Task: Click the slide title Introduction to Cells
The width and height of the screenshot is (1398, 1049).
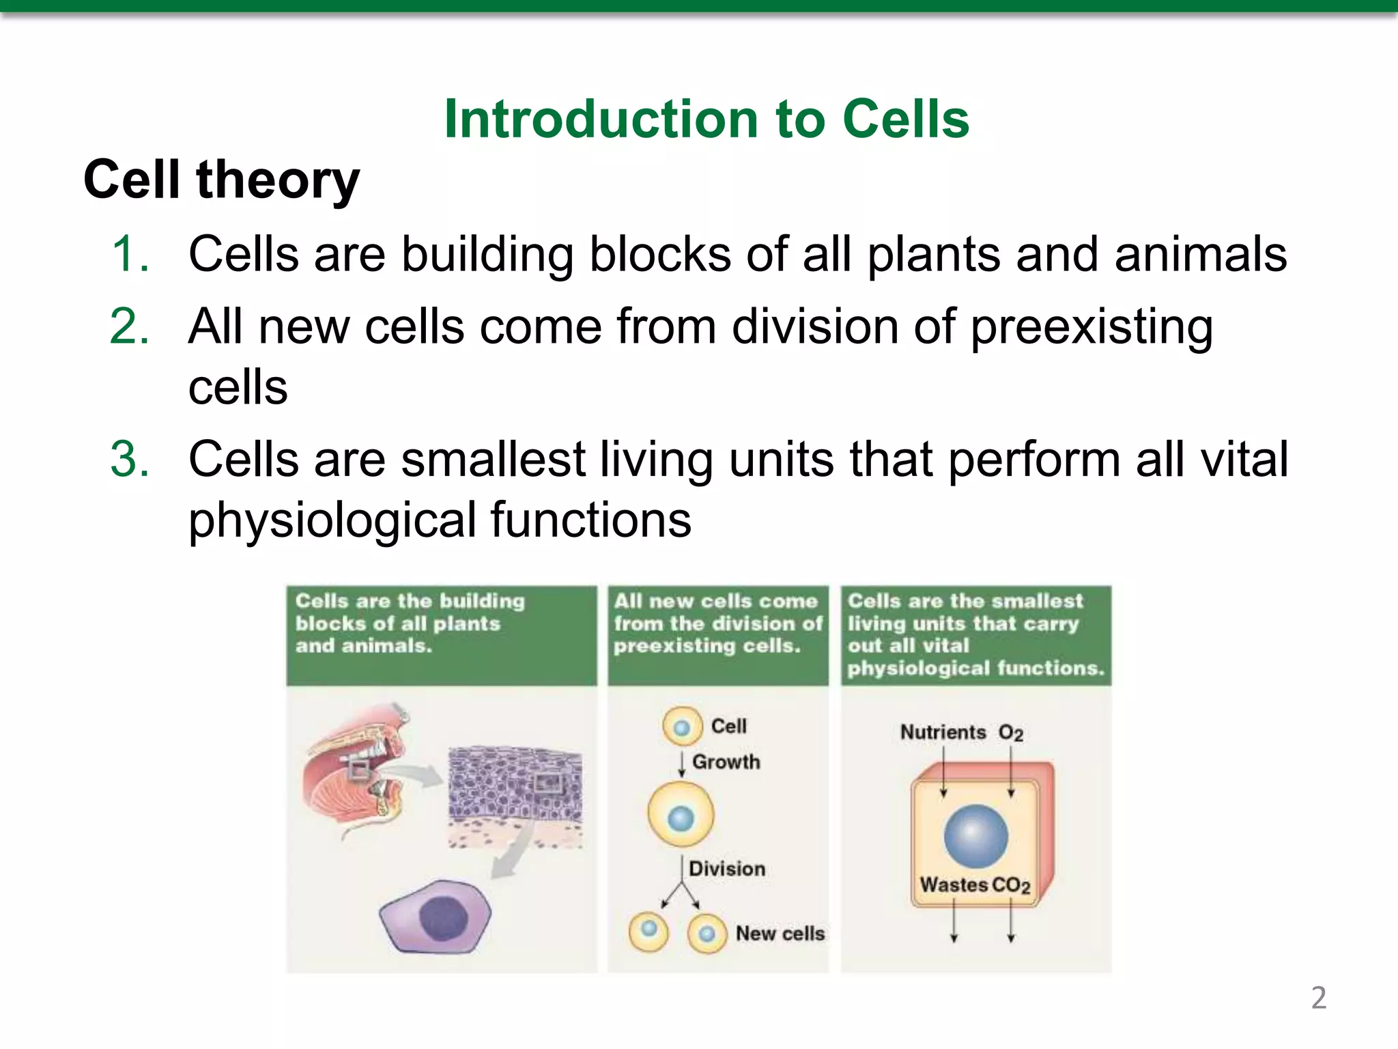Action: point(706,120)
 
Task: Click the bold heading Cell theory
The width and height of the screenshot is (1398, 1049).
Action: point(221,180)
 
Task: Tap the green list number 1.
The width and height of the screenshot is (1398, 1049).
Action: point(130,254)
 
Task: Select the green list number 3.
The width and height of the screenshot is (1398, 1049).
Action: point(130,459)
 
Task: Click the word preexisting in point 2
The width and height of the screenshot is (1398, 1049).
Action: point(1091,328)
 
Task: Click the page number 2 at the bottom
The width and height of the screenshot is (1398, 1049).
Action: point(1318,998)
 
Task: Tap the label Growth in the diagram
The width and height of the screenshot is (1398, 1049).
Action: point(726,761)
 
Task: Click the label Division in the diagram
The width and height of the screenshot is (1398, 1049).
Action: point(727,869)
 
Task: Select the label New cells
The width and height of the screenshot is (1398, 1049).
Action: point(780,933)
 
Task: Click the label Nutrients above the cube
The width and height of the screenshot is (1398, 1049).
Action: point(943,732)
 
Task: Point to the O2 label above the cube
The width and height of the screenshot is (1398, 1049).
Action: point(1010,733)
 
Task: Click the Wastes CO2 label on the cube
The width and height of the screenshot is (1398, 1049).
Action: point(974,885)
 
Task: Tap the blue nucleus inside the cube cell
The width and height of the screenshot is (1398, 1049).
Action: point(975,836)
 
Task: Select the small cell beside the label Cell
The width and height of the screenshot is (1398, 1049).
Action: point(682,726)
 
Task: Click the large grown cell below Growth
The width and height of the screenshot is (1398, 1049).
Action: point(681,815)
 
